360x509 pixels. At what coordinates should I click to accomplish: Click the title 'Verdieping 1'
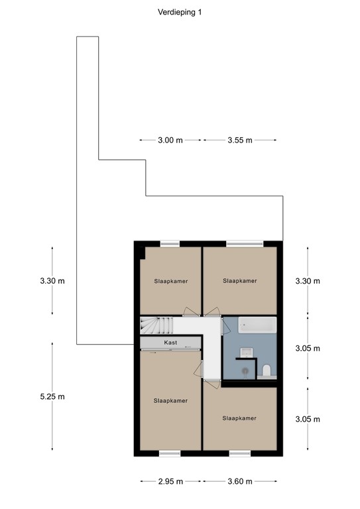pos(180,12)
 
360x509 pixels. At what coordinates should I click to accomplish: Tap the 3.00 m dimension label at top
pos(170,141)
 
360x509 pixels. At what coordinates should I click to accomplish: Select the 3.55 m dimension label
pos(239,141)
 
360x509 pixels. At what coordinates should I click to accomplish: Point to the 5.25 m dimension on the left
pos(52,397)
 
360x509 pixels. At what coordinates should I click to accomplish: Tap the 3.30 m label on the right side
pos(308,281)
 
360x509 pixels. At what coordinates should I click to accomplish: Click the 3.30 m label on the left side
pos(52,281)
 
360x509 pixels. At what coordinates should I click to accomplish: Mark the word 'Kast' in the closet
pos(170,343)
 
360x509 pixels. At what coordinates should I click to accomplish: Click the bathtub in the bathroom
pos(257,325)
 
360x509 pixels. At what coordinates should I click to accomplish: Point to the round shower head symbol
pos(243,372)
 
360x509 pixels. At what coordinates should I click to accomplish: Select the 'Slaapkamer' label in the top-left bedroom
pos(170,281)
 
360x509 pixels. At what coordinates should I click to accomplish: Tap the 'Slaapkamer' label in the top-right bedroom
pos(239,281)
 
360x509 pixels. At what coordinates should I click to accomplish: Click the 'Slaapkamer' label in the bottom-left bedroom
pos(170,401)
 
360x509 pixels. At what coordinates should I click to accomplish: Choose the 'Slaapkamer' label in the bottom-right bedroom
pos(239,418)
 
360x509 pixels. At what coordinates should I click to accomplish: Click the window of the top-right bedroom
pos(239,244)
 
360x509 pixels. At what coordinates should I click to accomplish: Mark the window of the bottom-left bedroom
pos(170,453)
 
